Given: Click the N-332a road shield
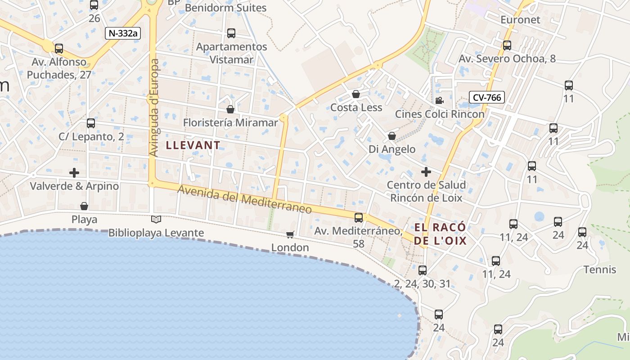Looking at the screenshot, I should coord(123,33).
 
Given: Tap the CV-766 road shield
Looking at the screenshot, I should coord(486,97).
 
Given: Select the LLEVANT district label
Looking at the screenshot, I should coord(193,145).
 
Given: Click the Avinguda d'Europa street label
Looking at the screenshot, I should coord(154,108).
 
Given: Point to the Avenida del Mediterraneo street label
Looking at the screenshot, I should coord(245,199).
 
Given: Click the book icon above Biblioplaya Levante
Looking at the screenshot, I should coord(156,219).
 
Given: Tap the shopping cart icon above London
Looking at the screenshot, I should coord(290,234).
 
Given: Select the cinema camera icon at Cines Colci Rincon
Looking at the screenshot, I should coord(439,100).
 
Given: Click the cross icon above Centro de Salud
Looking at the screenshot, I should coord(426,171).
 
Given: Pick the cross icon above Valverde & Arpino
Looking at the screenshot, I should coord(74,172).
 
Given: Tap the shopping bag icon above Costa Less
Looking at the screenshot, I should coord(356,94).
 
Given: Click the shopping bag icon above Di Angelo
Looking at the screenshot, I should coord(392,135).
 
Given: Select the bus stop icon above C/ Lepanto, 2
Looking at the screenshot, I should coord(91,123).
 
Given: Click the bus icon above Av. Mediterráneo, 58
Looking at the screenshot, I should coord(359,218).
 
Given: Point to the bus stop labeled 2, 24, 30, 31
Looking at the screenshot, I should coord(422,270).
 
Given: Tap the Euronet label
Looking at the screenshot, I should coord(520,20).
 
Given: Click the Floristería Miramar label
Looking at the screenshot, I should coord(230,122).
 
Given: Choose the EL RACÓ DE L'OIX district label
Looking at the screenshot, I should coord(440,234).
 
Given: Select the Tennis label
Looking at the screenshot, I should coord(599,270).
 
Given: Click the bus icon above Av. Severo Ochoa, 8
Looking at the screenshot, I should coord(507,45).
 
